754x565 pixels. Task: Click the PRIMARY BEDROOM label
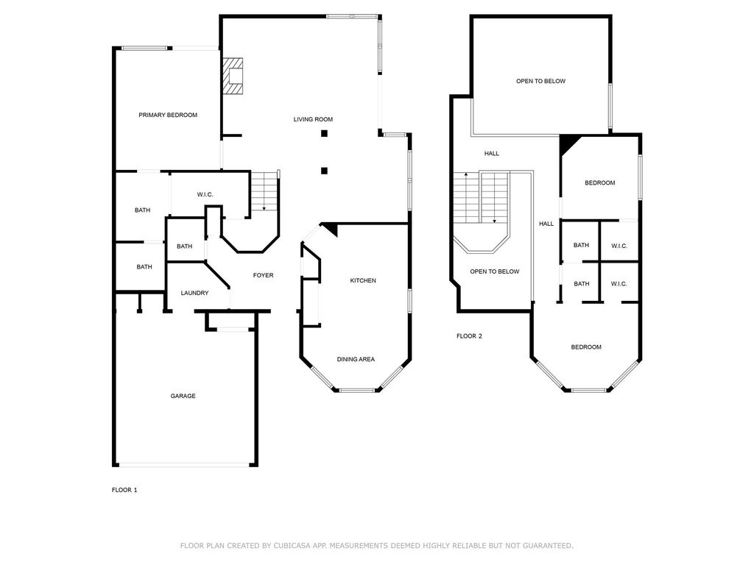coord(168,115)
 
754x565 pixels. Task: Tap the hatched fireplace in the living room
coord(232,76)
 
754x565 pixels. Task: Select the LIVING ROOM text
coord(313,119)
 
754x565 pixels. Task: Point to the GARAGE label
coord(183,396)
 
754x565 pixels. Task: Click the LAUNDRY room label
coord(194,293)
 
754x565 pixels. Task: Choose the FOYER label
coord(263,275)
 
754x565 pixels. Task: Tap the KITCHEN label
coord(363,280)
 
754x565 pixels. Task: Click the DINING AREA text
coord(356,359)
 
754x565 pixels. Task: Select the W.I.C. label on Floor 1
coord(205,194)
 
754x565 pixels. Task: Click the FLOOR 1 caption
coord(124,490)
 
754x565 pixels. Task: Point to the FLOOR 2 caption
coord(469,335)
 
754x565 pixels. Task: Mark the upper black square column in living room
coord(325,133)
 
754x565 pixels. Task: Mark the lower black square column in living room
coord(325,170)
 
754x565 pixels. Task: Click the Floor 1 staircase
coord(264,191)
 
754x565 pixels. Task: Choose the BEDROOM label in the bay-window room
coord(586,347)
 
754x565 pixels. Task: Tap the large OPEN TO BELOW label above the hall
coord(541,81)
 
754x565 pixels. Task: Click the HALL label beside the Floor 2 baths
coord(546,224)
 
